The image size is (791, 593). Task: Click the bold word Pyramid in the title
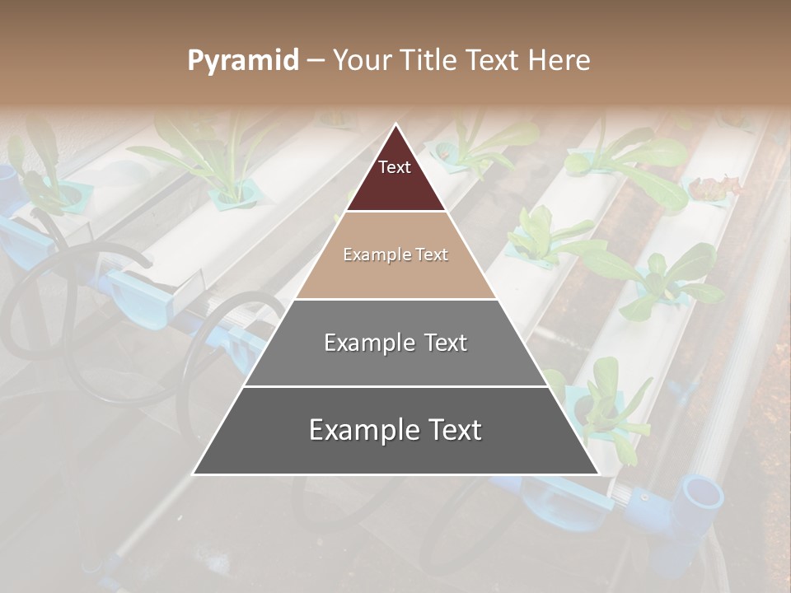(x=243, y=61)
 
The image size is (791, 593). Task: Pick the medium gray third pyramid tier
(x=395, y=362)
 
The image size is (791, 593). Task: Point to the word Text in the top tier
(x=395, y=167)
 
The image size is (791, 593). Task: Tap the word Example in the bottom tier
(x=358, y=430)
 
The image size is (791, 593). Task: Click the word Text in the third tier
(x=444, y=343)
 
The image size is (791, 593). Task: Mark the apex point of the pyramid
(x=395, y=124)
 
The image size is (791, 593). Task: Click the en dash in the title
(x=316, y=61)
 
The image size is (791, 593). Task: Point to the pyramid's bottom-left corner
(x=194, y=474)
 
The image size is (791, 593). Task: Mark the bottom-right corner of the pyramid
(x=598, y=474)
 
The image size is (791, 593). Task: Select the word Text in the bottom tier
(x=450, y=430)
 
